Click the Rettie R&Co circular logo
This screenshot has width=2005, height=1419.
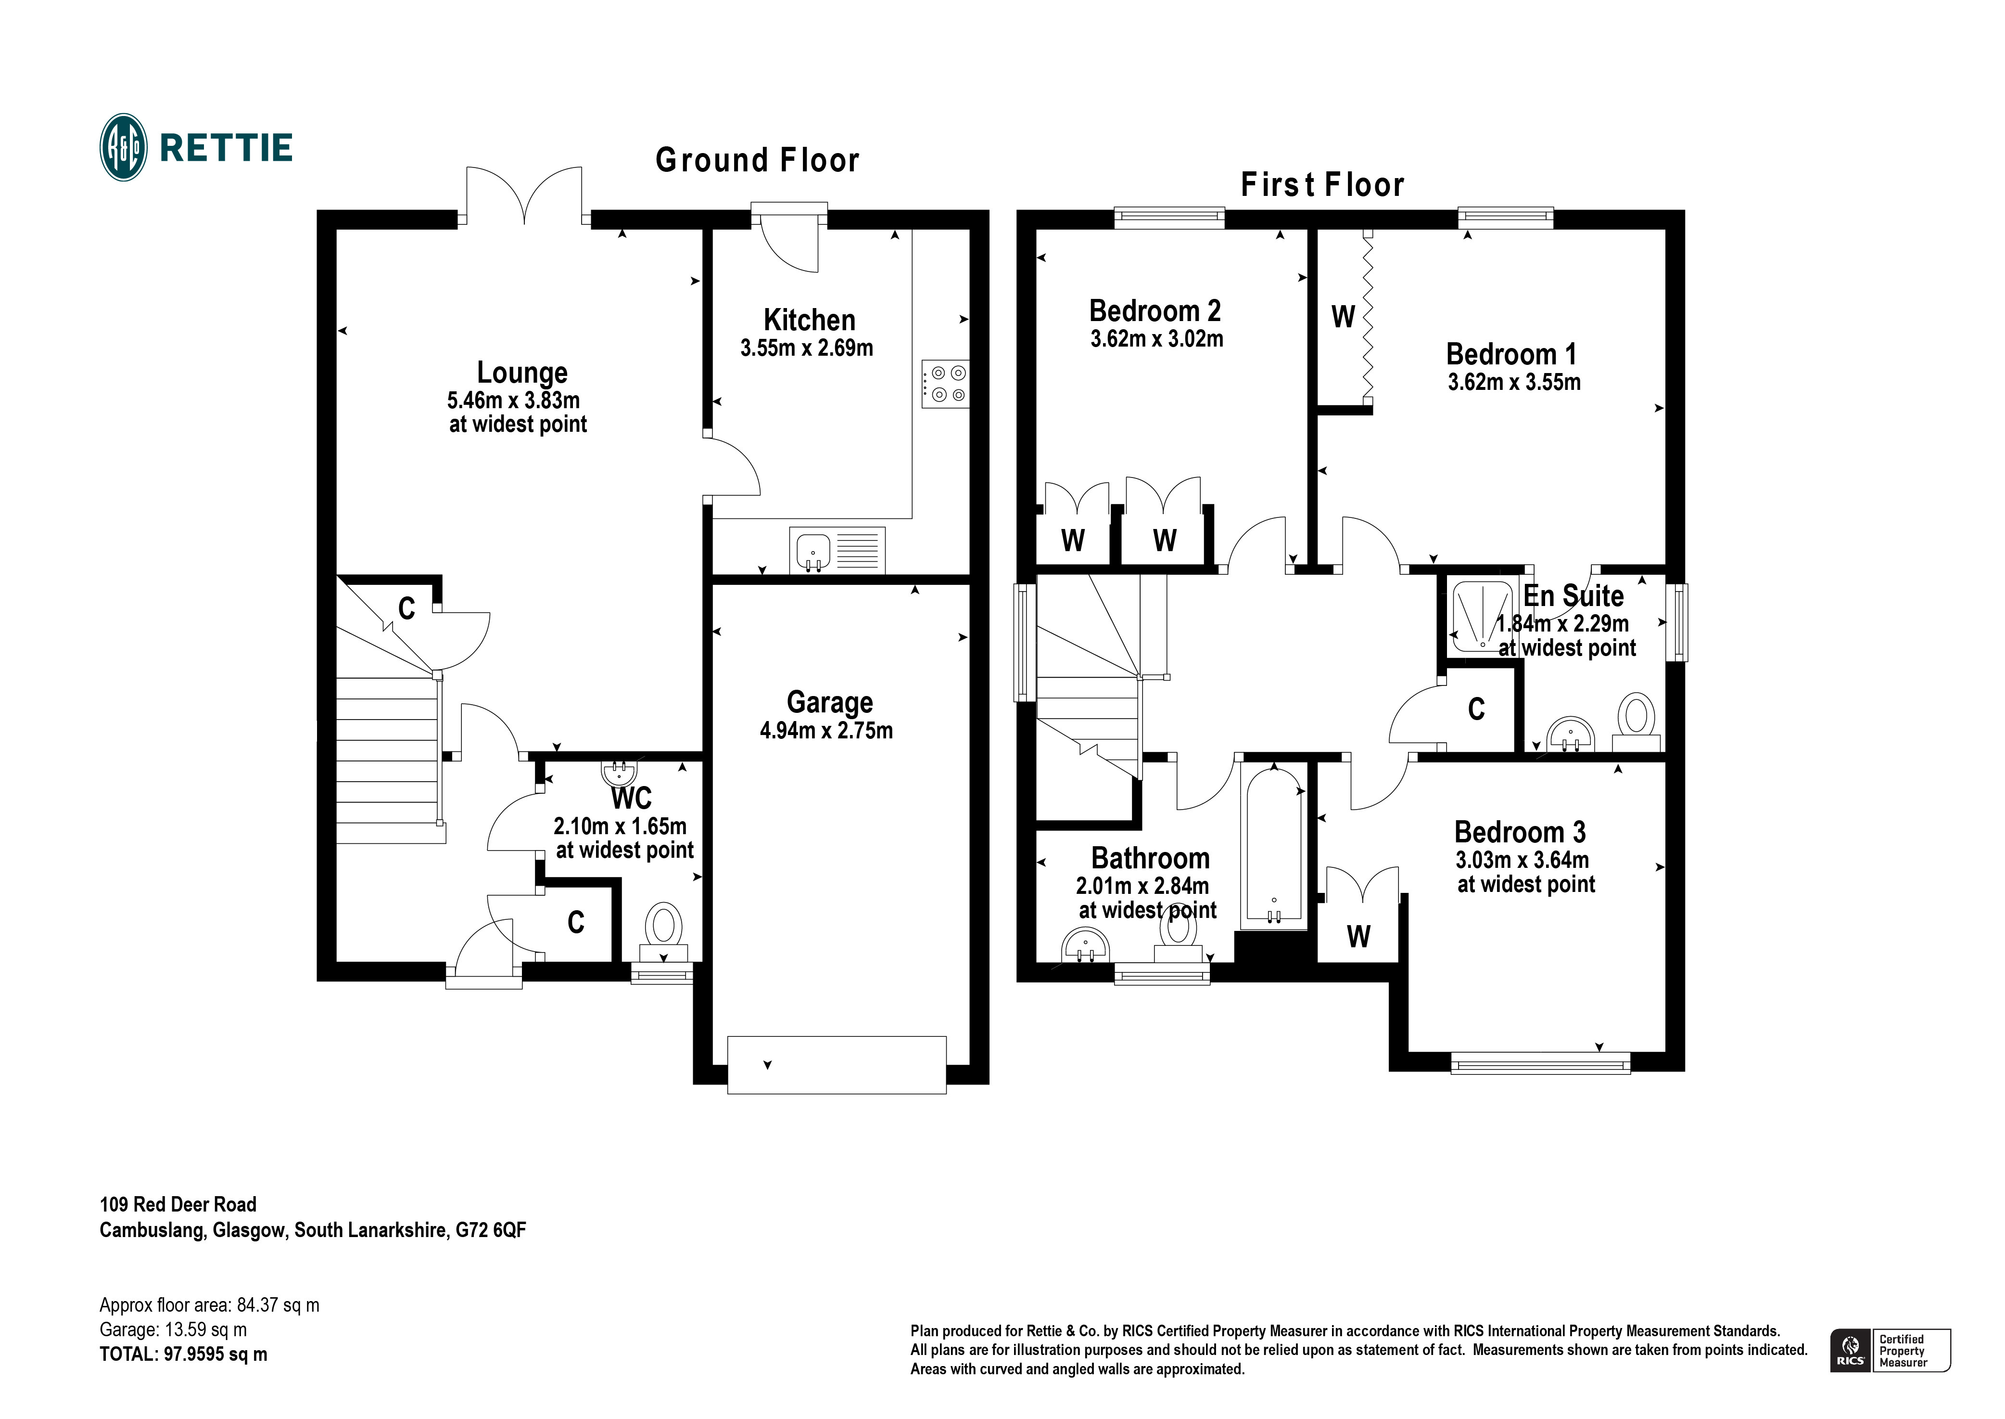click(123, 148)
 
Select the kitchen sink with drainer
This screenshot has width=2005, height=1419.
click(837, 551)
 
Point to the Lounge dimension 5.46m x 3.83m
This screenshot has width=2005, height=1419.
click(513, 400)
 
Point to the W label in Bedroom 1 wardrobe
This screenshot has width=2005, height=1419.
click(1342, 316)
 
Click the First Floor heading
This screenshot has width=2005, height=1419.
click(1321, 185)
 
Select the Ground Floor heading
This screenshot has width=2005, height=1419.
click(757, 161)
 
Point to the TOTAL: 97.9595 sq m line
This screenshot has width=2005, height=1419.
click(183, 1354)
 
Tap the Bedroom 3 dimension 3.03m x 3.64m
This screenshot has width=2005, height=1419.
click(1521, 861)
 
